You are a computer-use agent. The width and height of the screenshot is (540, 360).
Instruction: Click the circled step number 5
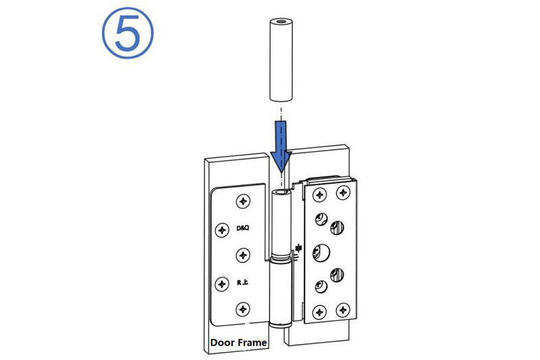pyautogui.click(x=128, y=32)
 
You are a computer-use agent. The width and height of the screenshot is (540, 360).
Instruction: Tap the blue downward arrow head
pyautogui.click(x=281, y=161)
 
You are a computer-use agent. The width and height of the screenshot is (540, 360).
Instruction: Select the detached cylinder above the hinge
pyautogui.click(x=281, y=60)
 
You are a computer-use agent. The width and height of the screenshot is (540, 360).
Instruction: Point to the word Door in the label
pyautogui.click(x=223, y=342)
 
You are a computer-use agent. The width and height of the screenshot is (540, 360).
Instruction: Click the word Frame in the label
pyautogui.click(x=252, y=342)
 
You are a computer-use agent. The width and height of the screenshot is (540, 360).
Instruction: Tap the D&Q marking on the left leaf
pyautogui.click(x=243, y=228)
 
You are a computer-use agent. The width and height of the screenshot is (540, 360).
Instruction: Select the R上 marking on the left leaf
pyautogui.click(x=242, y=282)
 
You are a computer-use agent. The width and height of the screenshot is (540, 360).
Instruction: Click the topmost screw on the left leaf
pyautogui.click(x=243, y=201)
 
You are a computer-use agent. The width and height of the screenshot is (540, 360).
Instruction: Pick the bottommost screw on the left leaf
pyautogui.click(x=243, y=309)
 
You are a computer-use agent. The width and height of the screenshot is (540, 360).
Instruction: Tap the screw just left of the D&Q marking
pyautogui.click(x=222, y=230)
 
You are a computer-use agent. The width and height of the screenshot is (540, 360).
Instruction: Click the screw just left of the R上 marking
pyautogui.click(x=222, y=284)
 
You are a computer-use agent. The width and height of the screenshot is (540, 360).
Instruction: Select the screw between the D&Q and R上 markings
pyautogui.click(x=243, y=255)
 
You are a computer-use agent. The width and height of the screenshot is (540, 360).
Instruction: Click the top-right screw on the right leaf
pyautogui.click(x=343, y=192)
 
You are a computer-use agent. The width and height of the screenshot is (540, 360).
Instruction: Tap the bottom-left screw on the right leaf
pyautogui.click(x=319, y=312)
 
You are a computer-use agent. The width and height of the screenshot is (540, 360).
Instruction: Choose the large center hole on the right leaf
pyautogui.click(x=321, y=252)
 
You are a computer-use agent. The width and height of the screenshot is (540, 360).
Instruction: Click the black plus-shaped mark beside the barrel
pyautogui.click(x=298, y=248)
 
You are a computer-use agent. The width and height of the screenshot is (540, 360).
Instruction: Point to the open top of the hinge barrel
pyautogui.click(x=281, y=191)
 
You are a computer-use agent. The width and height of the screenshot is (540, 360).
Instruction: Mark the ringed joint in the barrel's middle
pyautogui.click(x=281, y=258)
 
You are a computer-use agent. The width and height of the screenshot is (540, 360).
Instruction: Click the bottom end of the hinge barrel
pyautogui.click(x=281, y=324)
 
